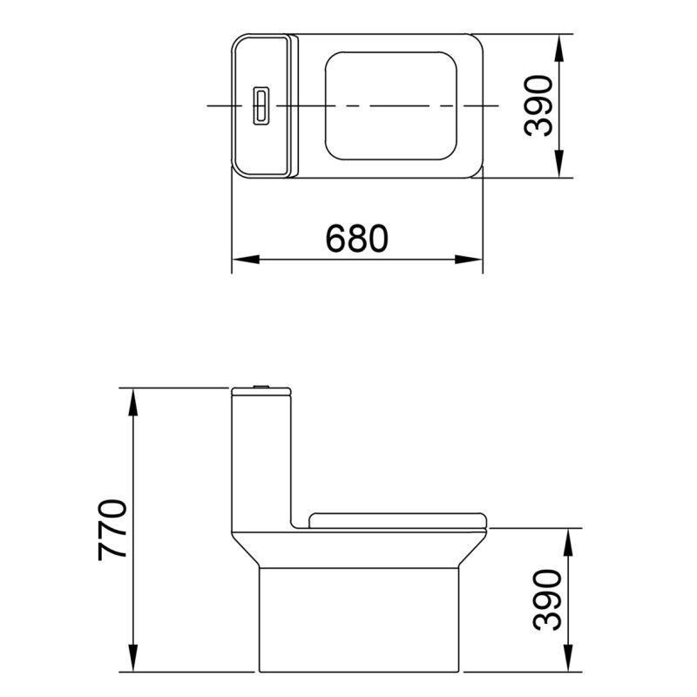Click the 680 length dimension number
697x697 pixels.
point(356,238)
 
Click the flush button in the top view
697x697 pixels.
point(259,105)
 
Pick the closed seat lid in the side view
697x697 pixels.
point(396,520)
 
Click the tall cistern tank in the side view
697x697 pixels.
point(260,453)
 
